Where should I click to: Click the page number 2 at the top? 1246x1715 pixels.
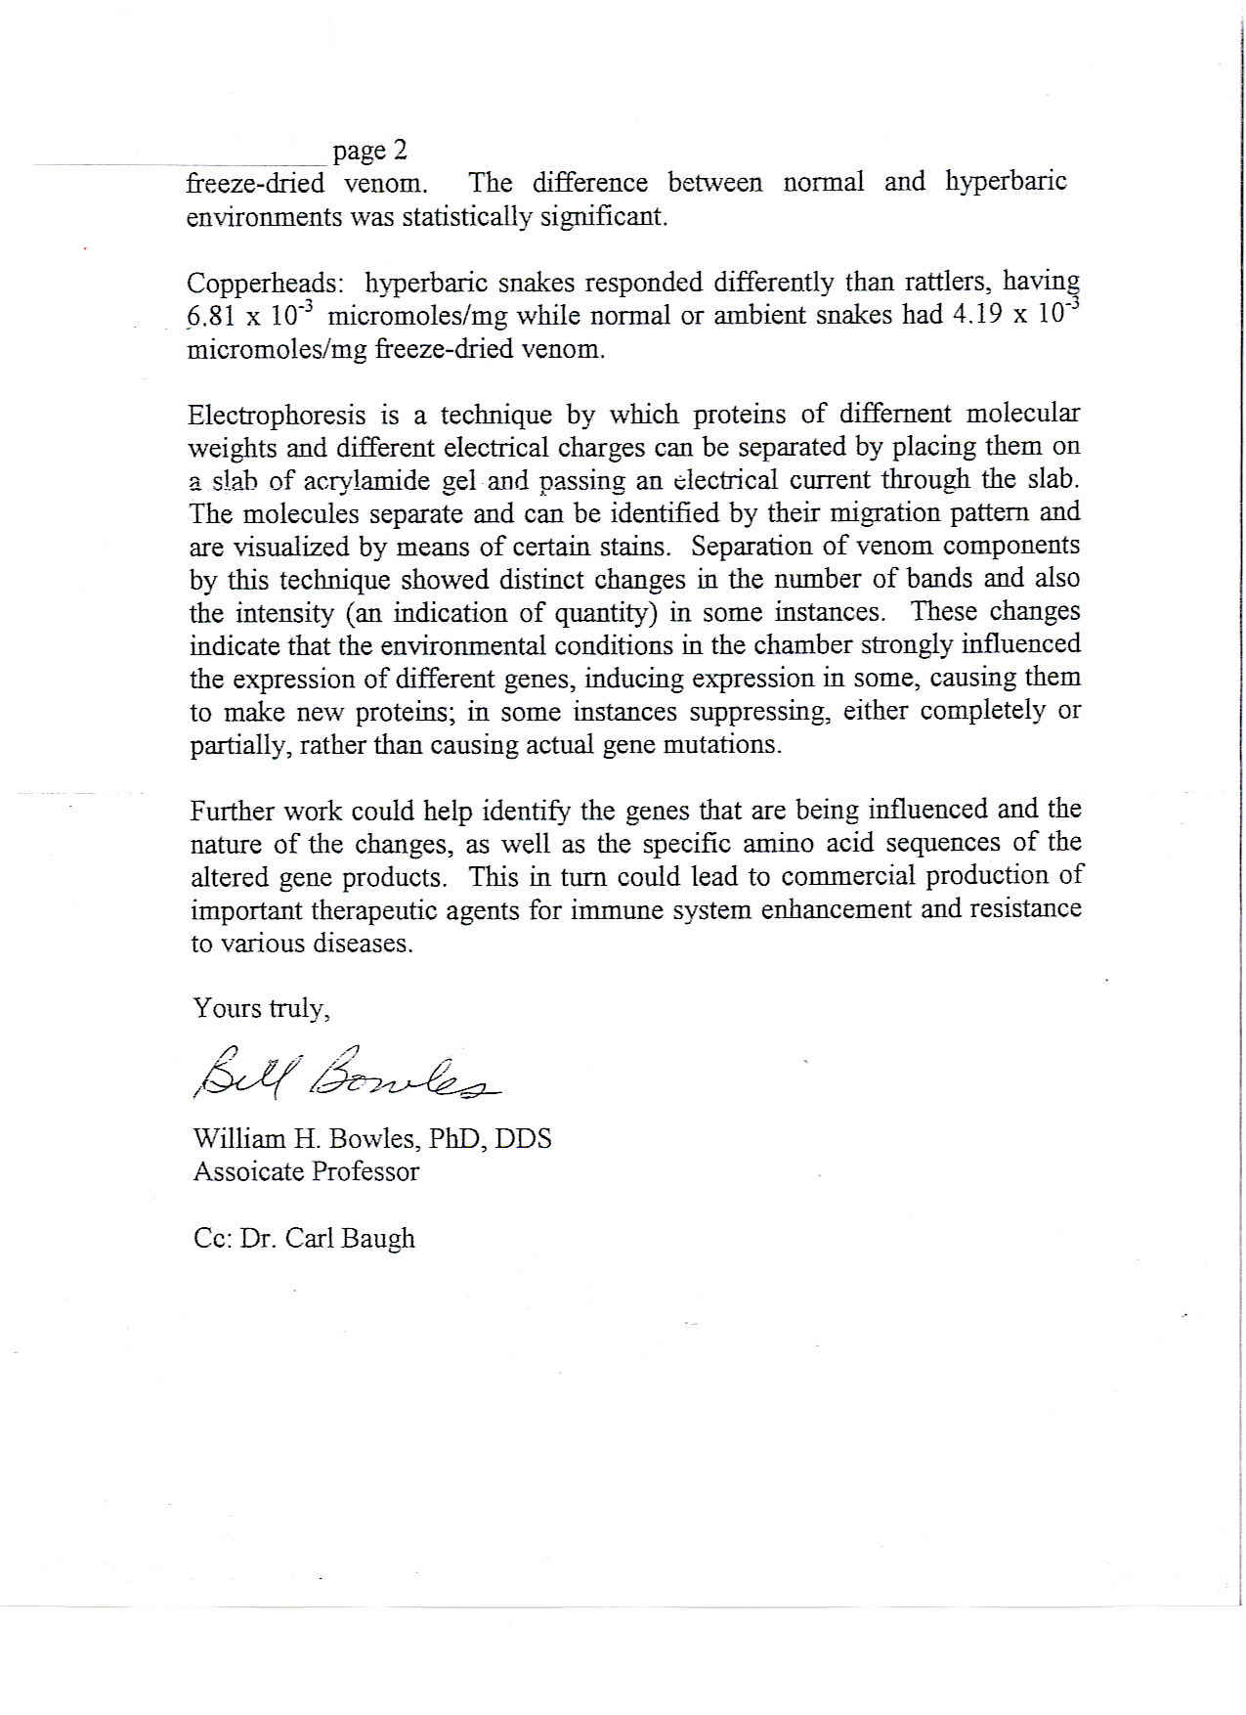[399, 151]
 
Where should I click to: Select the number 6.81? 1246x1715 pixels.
[215, 318]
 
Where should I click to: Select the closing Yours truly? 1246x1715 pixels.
[261, 1008]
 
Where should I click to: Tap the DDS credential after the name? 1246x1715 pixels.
[523, 1139]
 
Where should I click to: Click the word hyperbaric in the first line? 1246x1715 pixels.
[1005, 183]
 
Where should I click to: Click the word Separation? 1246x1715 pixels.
[751, 546]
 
